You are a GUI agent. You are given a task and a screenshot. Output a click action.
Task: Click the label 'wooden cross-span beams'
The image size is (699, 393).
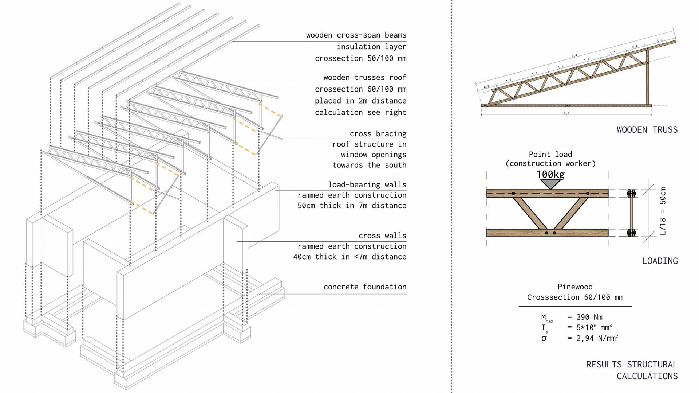(x=356, y=35)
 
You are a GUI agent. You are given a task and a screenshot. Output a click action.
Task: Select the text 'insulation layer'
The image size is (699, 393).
(x=371, y=47)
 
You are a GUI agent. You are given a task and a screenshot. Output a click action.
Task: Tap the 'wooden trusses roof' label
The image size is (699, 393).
(x=364, y=78)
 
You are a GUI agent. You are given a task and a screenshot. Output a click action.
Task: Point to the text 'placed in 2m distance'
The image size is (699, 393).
(x=360, y=101)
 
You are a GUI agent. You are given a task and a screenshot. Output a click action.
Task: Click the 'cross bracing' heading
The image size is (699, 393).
(x=378, y=134)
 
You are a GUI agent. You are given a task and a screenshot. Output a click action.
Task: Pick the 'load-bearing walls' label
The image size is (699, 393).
(x=367, y=185)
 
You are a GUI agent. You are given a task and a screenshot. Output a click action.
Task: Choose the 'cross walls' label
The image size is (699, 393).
(x=382, y=236)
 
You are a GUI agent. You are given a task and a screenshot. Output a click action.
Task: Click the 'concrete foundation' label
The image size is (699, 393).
(x=365, y=287)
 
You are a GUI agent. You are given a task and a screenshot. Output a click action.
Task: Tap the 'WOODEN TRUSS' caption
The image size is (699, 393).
(x=647, y=130)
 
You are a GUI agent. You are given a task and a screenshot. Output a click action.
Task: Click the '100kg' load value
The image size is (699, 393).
(x=550, y=175)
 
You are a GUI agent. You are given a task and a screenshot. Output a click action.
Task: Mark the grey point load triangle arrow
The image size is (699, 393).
(x=550, y=184)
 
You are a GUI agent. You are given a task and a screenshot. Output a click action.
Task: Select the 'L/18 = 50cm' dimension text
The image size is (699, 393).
(x=663, y=211)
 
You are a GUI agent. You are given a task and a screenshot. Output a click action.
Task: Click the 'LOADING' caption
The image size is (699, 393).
(x=660, y=261)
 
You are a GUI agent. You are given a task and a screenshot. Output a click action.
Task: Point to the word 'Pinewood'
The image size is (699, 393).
(x=575, y=287)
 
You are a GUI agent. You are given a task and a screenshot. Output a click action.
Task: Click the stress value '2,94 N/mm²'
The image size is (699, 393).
(x=597, y=338)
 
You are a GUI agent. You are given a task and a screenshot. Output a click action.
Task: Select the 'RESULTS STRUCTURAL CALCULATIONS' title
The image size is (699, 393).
(x=632, y=370)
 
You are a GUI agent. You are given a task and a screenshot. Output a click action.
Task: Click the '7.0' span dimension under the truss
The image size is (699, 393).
(x=566, y=113)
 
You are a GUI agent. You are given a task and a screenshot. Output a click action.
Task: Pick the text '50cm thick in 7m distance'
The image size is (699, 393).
(x=352, y=206)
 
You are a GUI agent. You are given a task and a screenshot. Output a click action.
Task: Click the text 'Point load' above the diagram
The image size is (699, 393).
(x=550, y=155)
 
